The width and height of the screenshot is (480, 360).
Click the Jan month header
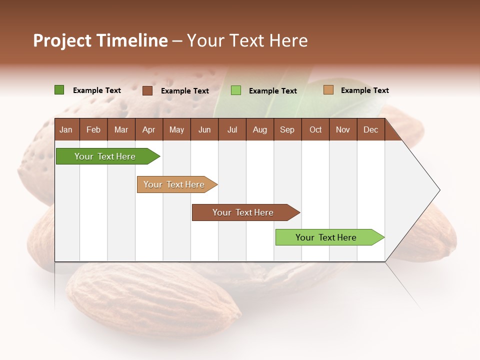pos(66,129)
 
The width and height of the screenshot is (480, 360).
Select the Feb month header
pos(93,129)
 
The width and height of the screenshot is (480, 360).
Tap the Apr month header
pos(148,129)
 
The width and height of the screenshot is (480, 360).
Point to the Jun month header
pos(204,129)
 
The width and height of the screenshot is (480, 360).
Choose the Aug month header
pos(259,129)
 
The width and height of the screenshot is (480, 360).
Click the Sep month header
pos(287,129)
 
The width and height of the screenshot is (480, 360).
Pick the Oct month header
pos(315,129)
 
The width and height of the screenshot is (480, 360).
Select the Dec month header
pos(370,129)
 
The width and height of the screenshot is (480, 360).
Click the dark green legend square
pos(59,90)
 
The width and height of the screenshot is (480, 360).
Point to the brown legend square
pos(147,90)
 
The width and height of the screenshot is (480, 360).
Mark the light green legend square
pos(236,90)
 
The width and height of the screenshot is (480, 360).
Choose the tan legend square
pos(328,90)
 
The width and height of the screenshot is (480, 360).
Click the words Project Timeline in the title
pos(100,40)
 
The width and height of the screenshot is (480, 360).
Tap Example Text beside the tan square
pos(364,90)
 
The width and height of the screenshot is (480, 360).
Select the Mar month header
pos(121,129)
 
